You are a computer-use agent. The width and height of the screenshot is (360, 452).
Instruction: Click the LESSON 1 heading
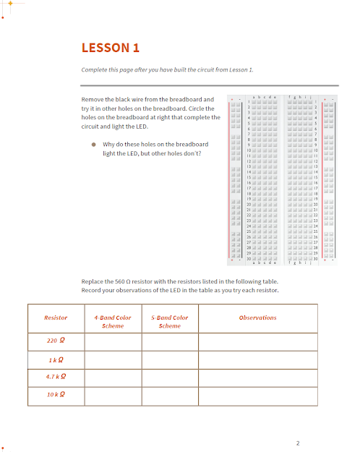point(110,48)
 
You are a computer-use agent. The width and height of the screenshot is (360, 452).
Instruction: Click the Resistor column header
point(56,317)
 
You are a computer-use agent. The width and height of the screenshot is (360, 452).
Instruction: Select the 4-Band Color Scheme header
point(113,322)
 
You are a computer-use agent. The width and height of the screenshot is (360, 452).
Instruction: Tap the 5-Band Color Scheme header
point(169,322)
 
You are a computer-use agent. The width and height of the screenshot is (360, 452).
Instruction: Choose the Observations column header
point(257,317)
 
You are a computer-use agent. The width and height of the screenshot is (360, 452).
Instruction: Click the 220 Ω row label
point(56,341)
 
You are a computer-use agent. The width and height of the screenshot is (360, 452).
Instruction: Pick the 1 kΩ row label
point(56,359)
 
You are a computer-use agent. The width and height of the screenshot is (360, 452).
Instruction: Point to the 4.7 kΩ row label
point(56,377)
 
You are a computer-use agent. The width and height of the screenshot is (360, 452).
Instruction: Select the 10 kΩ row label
point(56,395)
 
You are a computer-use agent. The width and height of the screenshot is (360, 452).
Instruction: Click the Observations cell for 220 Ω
point(257,341)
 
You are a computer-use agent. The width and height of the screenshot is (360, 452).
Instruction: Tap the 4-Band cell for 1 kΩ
point(113,359)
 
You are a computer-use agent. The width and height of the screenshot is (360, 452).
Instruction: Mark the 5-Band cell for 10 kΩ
point(169,396)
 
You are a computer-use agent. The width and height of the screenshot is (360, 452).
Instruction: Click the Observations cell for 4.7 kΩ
point(257,377)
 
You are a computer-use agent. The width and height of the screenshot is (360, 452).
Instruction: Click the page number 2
point(297,443)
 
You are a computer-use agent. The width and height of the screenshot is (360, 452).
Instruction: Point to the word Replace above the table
point(94,281)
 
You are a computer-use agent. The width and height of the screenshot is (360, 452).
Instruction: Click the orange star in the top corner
point(10,3)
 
